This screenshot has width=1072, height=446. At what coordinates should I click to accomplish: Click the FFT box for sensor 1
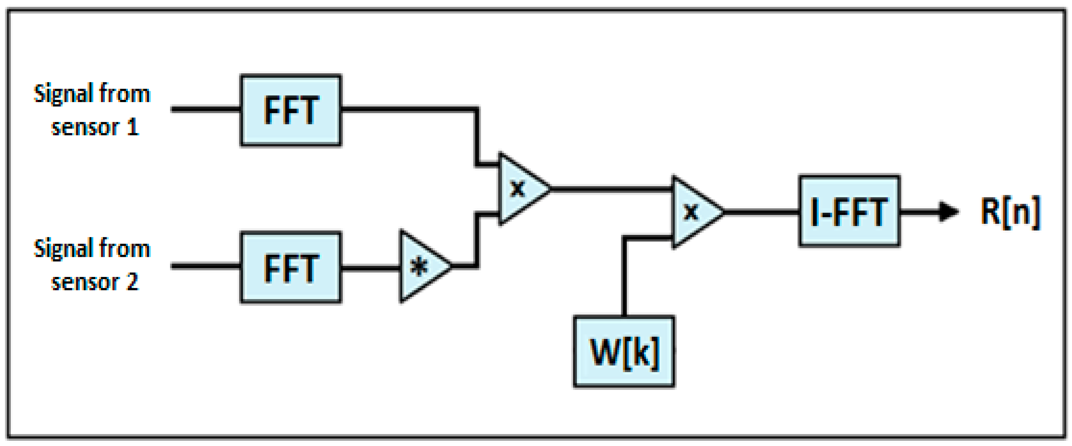pyautogui.click(x=290, y=111)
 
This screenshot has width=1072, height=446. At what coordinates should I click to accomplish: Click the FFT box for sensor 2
pyautogui.click(x=290, y=267)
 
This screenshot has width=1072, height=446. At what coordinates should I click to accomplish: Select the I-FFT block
pyautogui.click(x=849, y=211)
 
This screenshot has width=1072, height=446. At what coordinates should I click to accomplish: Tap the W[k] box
pyautogui.click(x=623, y=352)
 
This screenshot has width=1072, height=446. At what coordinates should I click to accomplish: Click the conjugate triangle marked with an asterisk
pyautogui.click(x=420, y=266)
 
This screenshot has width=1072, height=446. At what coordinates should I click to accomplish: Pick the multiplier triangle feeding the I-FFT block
pyautogui.click(x=693, y=212)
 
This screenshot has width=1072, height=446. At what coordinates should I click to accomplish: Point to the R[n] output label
pyautogui.click(x=1010, y=211)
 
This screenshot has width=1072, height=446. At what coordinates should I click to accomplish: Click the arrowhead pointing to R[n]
pyautogui.click(x=949, y=211)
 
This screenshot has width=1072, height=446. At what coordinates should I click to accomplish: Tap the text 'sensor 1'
pyautogui.click(x=95, y=127)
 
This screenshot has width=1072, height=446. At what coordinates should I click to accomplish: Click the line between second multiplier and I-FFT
pyautogui.click(x=762, y=212)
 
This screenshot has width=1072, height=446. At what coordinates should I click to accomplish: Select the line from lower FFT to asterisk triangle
pyautogui.click(x=370, y=267)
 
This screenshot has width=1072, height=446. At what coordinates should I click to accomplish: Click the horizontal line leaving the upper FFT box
pyautogui.click(x=408, y=109)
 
